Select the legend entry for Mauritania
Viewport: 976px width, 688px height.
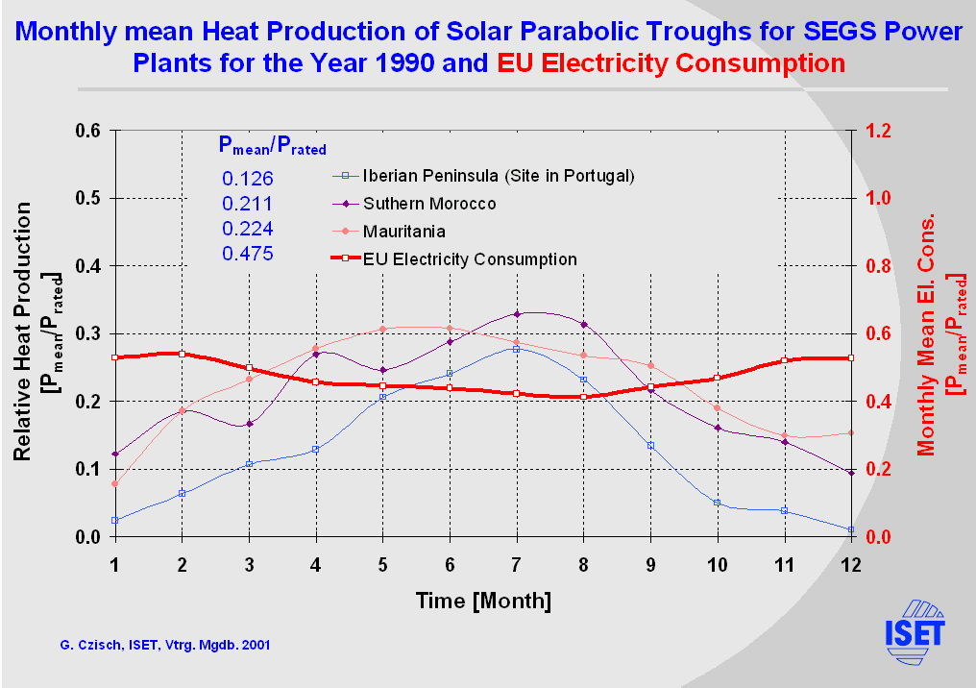[x=403, y=232]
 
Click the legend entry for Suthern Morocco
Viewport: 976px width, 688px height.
[x=429, y=204]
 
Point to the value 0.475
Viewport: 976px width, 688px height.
[x=248, y=255]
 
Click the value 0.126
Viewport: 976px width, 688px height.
[x=248, y=179]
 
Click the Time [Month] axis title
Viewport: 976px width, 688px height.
[x=483, y=602]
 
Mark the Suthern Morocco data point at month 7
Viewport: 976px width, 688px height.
[x=516, y=314]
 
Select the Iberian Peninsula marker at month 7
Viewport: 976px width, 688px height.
[x=516, y=349]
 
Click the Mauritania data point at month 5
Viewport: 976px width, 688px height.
[x=382, y=329]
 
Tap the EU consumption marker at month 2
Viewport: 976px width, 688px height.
[x=182, y=354]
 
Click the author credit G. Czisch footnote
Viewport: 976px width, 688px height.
[x=156, y=645]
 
